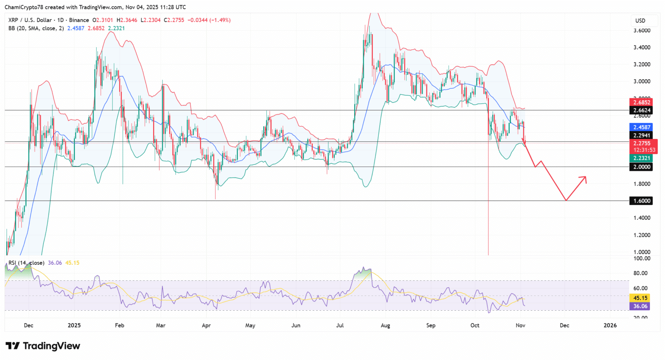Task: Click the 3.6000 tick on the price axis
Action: tap(642, 31)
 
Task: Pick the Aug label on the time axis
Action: tap(385, 325)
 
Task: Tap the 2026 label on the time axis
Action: tap(610, 325)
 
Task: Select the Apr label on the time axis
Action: tap(206, 325)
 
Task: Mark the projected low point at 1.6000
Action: tap(566, 200)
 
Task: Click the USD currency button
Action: tap(640, 21)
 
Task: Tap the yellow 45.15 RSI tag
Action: tap(640, 298)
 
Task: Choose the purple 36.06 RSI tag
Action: tap(640, 306)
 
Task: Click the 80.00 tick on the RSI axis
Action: tap(641, 273)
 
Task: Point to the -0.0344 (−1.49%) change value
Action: tap(210, 20)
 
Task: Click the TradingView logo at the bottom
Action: tap(43, 346)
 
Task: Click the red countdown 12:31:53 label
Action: tap(644, 150)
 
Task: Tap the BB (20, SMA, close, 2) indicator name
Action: tap(36, 28)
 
